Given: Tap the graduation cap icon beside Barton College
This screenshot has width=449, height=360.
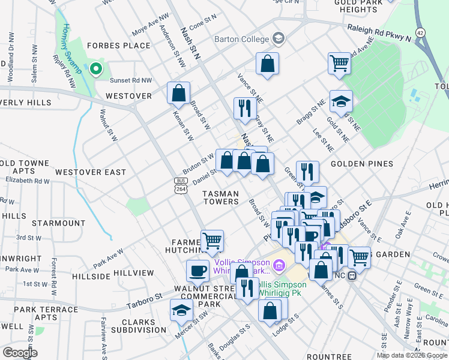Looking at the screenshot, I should tap(278, 39).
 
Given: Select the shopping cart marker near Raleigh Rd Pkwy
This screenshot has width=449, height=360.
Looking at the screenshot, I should tap(340, 64).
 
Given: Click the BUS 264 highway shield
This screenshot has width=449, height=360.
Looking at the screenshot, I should tap(180, 185).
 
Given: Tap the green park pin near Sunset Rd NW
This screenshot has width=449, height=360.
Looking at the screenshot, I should tap(95, 70).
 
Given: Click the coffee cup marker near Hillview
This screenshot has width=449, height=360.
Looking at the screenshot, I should tap(197, 271).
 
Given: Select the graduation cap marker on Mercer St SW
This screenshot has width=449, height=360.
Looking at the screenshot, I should tap(181, 311).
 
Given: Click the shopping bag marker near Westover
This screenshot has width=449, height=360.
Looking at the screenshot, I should tap(179, 94).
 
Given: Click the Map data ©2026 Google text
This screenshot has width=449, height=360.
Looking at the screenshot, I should tap(411, 355).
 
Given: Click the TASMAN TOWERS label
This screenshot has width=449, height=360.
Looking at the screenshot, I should tap(220, 197).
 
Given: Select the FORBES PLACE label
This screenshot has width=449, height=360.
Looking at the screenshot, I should tap(118, 46).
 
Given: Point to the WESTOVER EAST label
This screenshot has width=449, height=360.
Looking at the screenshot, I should tap(91, 172).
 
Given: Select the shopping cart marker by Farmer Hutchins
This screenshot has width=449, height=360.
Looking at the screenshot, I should tap(212, 241).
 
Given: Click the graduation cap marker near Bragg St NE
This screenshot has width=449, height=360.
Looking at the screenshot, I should tap(341, 101).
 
